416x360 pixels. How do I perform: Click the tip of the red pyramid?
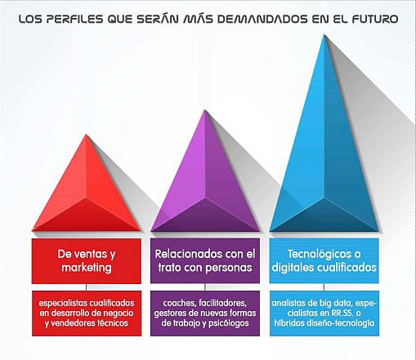click(x=87, y=135)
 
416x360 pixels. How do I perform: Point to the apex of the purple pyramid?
click(x=205, y=110)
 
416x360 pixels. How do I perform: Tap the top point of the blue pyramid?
click(x=324, y=35)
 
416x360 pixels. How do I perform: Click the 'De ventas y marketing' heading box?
click(x=87, y=261)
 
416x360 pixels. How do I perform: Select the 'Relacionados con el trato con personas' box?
click(x=205, y=261)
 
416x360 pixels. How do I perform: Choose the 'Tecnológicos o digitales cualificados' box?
click(x=324, y=261)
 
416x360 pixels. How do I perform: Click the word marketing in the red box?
click(x=87, y=268)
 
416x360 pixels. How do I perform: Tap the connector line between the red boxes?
click(x=87, y=287)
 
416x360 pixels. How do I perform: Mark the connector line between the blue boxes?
click(x=324, y=287)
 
